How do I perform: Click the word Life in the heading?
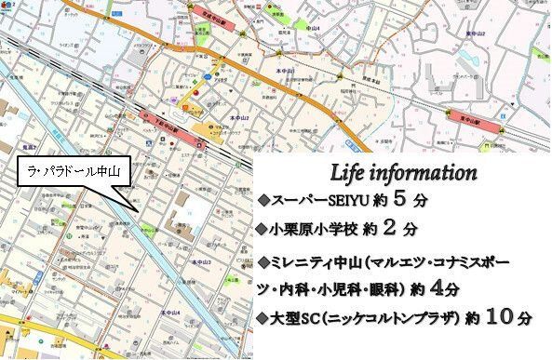click(x=351, y=173)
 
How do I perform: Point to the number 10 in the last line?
click(x=498, y=317)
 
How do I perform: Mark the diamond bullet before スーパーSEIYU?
click(x=263, y=200)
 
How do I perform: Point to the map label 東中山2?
click(x=476, y=33)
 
